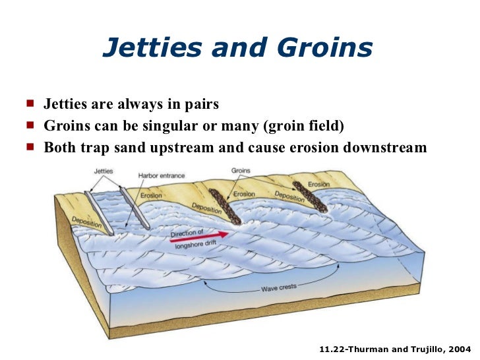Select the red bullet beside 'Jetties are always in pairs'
(30, 104)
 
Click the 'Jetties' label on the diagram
(104, 171)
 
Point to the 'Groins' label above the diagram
(241, 170)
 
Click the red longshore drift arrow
(200, 236)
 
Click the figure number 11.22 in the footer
(332, 347)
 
